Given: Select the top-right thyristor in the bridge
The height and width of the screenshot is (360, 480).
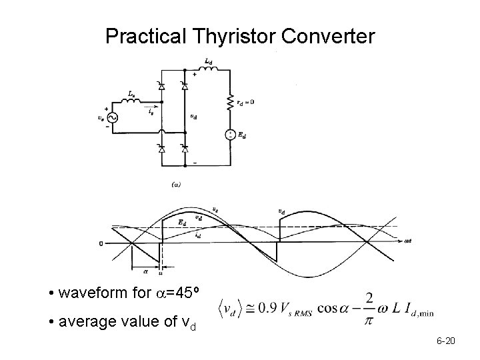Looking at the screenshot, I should click(x=184, y=85).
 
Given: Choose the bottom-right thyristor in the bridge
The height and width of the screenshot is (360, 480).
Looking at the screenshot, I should click(x=184, y=147).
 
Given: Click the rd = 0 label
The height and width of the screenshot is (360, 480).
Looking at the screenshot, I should click(x=245, y=102).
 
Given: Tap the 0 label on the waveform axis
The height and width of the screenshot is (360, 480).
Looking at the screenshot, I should click(x=101, y=243).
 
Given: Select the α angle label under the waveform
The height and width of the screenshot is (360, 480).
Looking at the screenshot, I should click(x=146, y=270).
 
